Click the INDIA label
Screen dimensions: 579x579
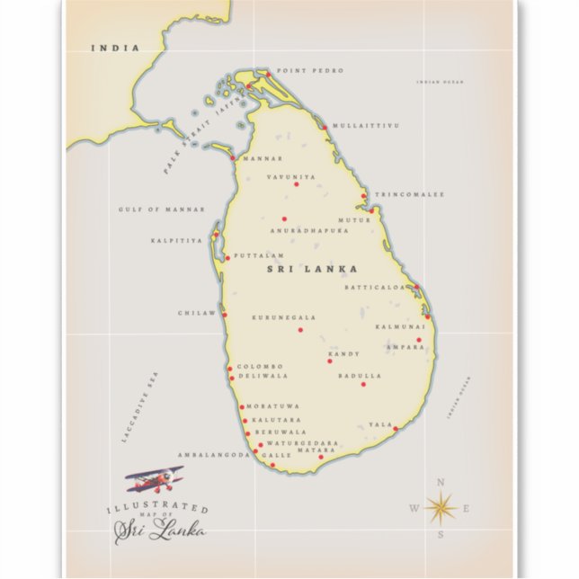click(x=116, y=48)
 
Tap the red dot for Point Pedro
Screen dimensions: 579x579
click(x=267, y=72)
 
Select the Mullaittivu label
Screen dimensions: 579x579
click(x=365, y=126)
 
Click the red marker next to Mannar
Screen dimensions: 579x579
click(x=233, y=158)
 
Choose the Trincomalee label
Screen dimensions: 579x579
click(x=409, y=194)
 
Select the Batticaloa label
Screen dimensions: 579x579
click(x=376, y=287)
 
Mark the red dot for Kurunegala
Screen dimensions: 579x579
click(x=301, y=329)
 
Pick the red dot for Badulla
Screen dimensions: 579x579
click(x=363, y=384)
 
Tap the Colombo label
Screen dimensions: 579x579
click(x=260, y=366)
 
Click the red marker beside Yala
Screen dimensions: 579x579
click(x=395, y=428)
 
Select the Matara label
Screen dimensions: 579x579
click(x=309, y=450)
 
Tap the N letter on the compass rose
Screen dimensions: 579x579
click(x=441, y=483)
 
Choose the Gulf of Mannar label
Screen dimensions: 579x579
click(x=151, y=209)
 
